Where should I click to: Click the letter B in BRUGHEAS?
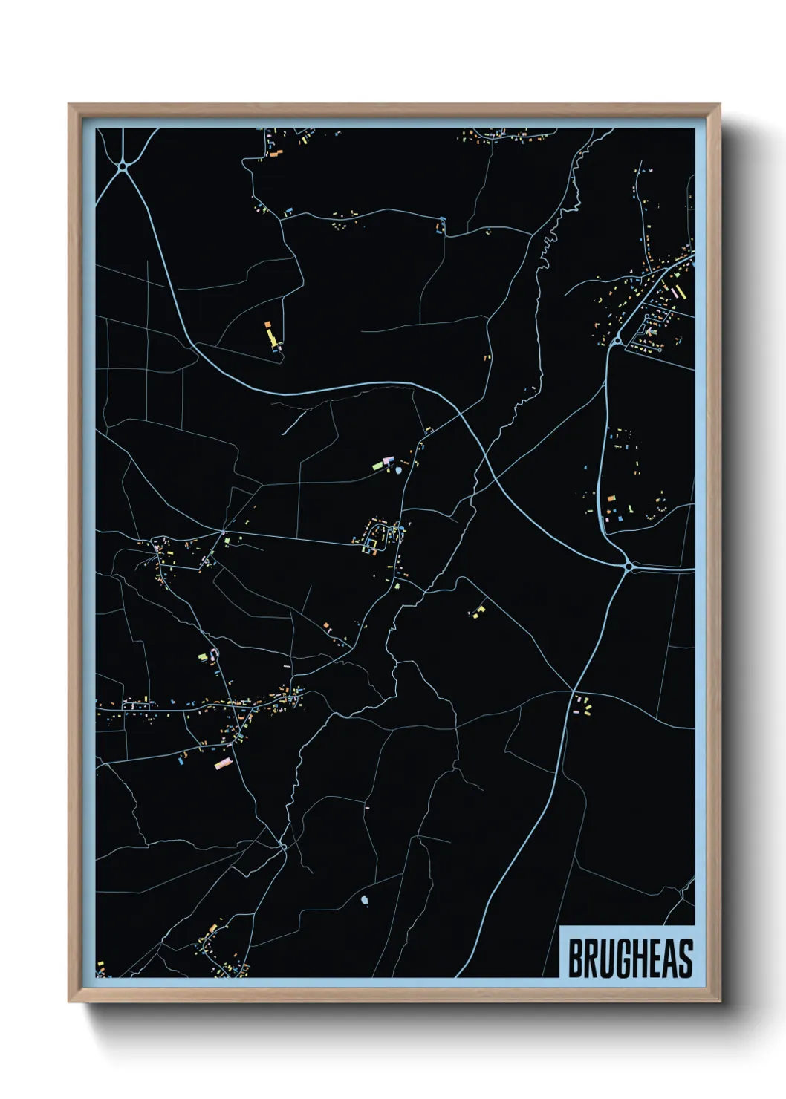[576, 959]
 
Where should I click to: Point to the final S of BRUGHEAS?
[685, 959]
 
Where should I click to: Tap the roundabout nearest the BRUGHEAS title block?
[629, 567]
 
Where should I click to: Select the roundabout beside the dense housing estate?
[617, 341]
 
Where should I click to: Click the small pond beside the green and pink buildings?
[400, 469]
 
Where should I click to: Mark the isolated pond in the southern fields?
[364, 901]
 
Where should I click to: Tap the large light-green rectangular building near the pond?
[377, 466]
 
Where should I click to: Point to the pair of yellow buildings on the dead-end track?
[478, 612]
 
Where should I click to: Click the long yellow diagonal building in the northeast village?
[676, 291]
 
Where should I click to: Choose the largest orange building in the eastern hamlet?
[611, 498]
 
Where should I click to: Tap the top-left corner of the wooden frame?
[70, 105]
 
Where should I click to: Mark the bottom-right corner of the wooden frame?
[719, 1001]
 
